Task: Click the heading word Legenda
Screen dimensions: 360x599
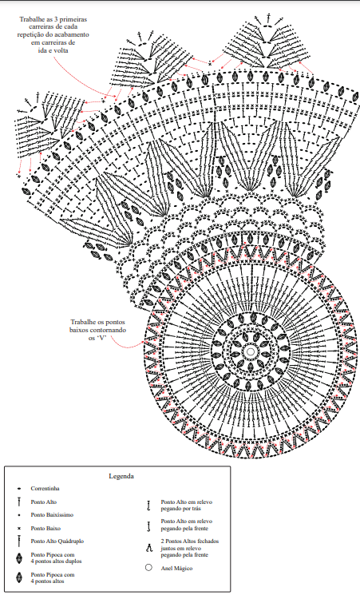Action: (121, 476)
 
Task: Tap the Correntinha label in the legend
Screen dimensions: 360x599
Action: (45, 488)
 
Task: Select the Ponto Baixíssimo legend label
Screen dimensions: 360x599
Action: (52, 514)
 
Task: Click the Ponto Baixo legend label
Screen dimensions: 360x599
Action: (45, 529)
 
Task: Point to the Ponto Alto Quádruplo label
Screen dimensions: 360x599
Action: (57, 541)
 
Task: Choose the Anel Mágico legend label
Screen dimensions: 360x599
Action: (176, 568)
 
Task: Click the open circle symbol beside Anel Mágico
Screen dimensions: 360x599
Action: (148, 567)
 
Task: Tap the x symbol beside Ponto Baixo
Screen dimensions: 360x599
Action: (18, 529)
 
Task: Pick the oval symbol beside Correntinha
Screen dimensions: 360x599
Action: (18, 488)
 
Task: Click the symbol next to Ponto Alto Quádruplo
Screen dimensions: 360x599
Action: (18, 541)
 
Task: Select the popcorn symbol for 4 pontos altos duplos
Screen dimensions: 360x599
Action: (18, 558)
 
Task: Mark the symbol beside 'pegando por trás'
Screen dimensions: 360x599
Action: (148, 506)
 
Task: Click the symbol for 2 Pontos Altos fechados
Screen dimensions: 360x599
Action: (148, 548)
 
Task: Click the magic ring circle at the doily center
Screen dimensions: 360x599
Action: (251, 351)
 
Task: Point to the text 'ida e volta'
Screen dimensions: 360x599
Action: (53, 50)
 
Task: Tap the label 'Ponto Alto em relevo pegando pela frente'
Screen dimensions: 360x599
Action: (186, 525)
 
